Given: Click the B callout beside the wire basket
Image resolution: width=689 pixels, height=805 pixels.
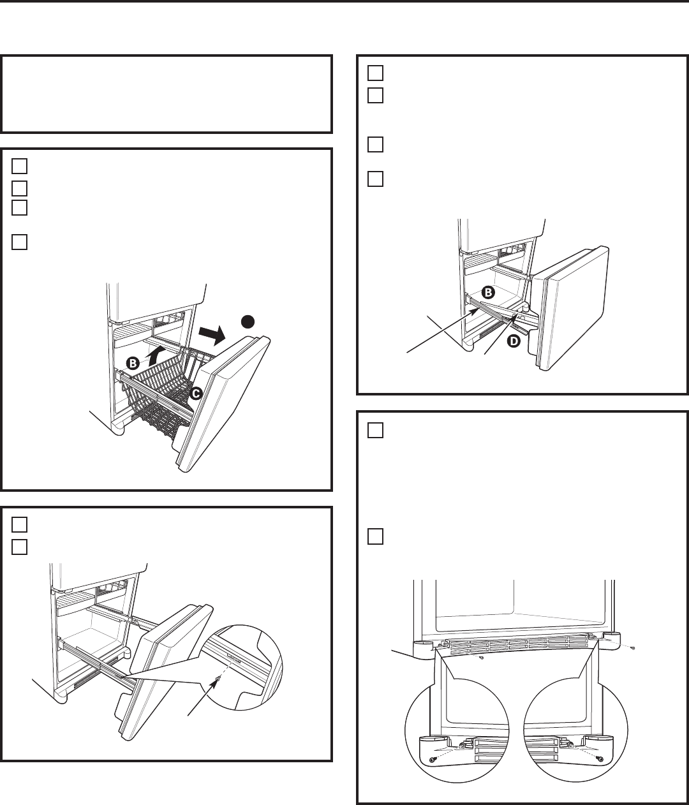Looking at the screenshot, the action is [x=133, y=364].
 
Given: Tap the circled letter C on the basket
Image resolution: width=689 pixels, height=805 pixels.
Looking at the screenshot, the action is [x=195, y=394].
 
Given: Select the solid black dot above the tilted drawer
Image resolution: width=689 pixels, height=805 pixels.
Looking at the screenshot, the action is [x=248, y=321].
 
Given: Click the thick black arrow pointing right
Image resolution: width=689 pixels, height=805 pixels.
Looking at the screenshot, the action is [x=212, y=334].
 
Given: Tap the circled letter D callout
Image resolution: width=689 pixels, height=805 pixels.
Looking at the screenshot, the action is [x=514, y=341].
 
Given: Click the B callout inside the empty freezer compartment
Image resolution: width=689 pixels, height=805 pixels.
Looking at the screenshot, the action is [x=488, y=292].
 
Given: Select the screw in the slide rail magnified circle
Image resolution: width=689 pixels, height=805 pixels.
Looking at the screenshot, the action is [x=217, y=679].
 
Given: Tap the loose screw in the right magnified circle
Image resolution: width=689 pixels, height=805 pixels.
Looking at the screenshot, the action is [x=600, y=760].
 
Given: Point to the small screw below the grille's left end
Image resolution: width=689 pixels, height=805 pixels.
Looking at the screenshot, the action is [x=482, y=658].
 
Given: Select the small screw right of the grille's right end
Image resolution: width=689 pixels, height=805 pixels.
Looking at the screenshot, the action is [x=633, y=648].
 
